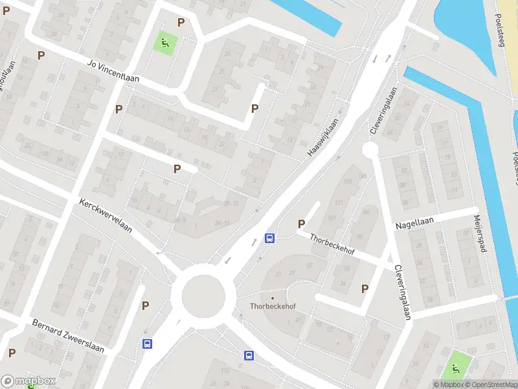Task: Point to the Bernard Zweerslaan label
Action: coord(68,336)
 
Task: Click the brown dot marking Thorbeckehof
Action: coord(273,298)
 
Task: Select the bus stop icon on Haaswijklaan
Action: coord(269,237)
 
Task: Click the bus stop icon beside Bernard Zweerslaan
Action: coord(148,344)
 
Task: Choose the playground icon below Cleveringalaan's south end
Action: coord(456,368)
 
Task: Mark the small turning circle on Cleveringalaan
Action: coord(370,150)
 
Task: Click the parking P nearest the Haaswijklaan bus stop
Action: coord(301,224)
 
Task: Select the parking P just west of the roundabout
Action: coord(146,305)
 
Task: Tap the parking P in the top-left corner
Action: coord(6,10)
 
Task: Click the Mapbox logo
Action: coord(28,381)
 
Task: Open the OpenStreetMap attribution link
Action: coord(490,384)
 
